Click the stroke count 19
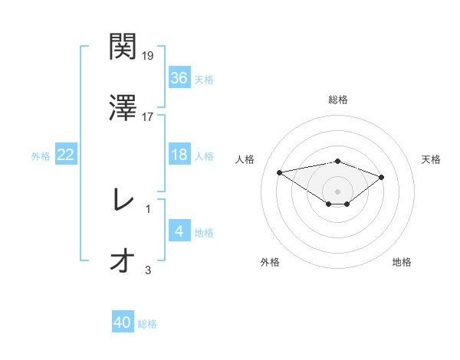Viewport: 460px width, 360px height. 149,56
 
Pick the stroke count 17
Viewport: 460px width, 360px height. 148,117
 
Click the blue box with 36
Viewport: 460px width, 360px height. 179,78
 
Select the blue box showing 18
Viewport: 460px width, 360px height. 179,155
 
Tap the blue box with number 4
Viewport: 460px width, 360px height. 179,231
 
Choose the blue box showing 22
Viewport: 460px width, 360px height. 66,155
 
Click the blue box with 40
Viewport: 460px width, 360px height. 123,322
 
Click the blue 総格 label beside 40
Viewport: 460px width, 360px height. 147,324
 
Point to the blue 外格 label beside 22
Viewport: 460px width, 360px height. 41,156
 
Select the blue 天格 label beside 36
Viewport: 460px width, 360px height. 203,80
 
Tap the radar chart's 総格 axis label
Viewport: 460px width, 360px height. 338,100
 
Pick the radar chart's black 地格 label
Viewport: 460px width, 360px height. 402,262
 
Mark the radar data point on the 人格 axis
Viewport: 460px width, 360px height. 280,172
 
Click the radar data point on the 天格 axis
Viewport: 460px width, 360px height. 382,177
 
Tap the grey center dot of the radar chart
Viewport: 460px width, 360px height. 338,191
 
